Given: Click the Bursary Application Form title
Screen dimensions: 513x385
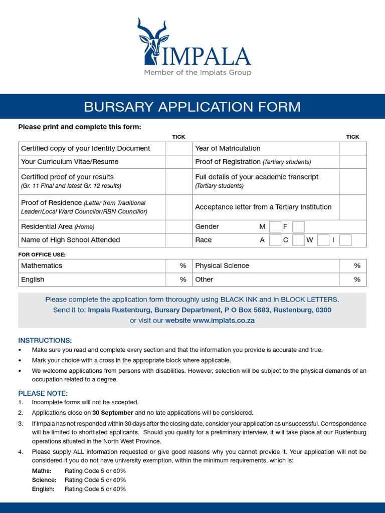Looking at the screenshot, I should click(x=192, y=107).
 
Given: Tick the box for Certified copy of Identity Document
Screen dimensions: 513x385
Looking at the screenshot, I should click(x=178, y=148).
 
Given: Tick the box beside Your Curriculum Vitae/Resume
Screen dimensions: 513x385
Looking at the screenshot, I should click(x=178, y=162).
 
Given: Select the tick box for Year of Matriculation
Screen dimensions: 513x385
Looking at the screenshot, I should click(x=352, y=148).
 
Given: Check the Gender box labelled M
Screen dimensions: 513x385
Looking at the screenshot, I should click(x=275, y=226).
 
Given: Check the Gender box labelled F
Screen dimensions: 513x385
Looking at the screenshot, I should click(x=298, y=226).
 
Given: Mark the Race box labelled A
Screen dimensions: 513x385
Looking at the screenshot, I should click(x=275, y=240).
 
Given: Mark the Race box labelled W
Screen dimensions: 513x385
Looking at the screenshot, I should click(x=323, y=240).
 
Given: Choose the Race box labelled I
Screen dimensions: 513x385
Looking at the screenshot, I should click(x=345, y=240).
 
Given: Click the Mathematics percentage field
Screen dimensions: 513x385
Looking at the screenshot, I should click(x=170, y=266).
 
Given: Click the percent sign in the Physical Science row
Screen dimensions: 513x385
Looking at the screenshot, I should click(x=357, y=266).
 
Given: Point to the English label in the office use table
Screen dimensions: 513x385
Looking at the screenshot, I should click(x=33, y=280).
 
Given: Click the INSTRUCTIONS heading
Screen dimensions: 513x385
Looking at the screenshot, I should click(x=45, y=340).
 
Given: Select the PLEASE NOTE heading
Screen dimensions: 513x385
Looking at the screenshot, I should click(x=43, y=393).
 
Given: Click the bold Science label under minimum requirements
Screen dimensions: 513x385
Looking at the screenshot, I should click(x=44, y=480).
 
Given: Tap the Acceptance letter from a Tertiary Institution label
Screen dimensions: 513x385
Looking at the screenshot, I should click(x=263, y=207).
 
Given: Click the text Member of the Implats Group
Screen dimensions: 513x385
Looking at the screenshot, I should click(x=198, y=73).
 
